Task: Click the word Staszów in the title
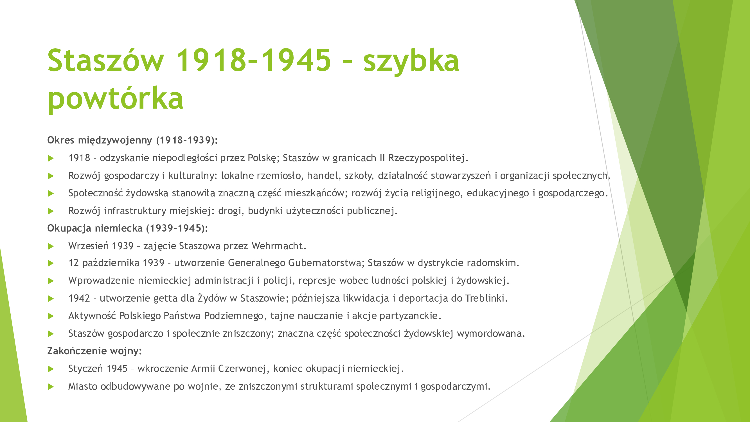coord(106,60)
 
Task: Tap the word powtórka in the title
coord(116,98)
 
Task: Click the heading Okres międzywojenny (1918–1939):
coord(132,140)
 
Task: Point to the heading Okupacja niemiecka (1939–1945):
coord(127,228)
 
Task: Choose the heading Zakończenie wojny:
coord(94,351)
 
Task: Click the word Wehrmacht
coord(279,246)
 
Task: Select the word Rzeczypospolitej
coord(428,158)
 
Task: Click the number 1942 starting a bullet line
coord(79,298)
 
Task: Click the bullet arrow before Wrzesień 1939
coord(51,246)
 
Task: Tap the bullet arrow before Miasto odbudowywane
coord(51,387)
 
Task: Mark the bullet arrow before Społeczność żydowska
coord(51,193)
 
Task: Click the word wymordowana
coord(491,333)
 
